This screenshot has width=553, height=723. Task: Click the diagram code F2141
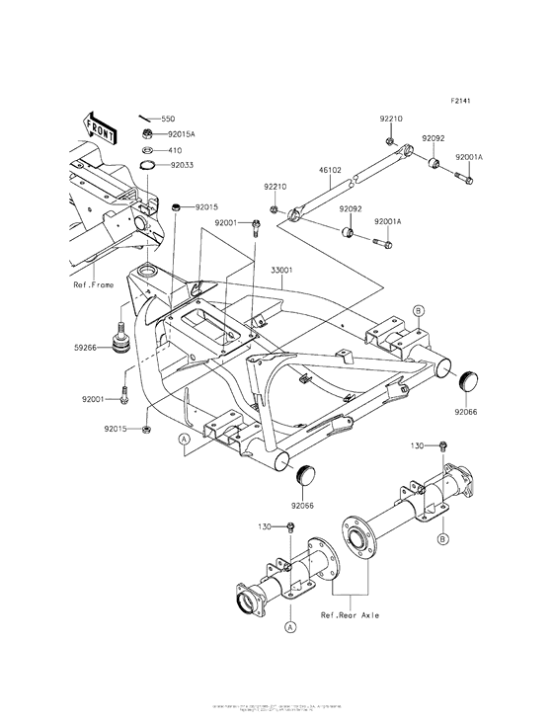pos(464,101)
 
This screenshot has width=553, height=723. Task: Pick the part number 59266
pos(86,347)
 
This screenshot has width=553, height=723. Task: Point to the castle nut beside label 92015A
pos(144,132)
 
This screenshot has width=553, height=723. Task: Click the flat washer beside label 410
pos(145,150)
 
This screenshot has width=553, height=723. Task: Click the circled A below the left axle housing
pos(290,626)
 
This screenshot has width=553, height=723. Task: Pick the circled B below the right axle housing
pos(443,538)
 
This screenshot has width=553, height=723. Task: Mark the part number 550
pos(168,117)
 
